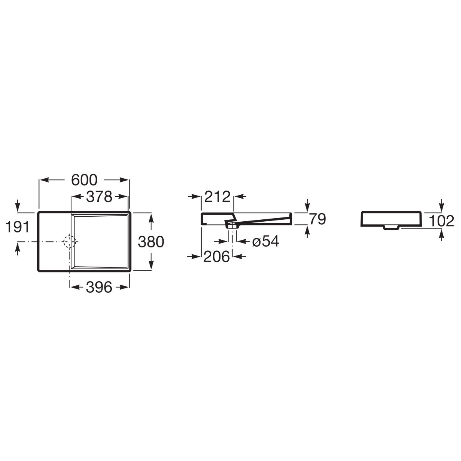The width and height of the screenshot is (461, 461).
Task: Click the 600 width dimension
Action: pyautogui.click(x=84, y=180)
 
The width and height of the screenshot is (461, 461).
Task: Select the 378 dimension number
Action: pyautogui.click(x=99, y=197)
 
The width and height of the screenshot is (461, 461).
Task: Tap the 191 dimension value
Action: pyautogui.click(x=17, y=227)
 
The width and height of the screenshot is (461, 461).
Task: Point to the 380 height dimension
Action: pyautogui.click(x=151, y=242)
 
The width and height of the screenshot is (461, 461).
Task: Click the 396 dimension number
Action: pyautogui.click(x=99, y=287)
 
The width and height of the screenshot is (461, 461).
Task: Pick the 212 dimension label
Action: pyautogui.click(x=217, y=197)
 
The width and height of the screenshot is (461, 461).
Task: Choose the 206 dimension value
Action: pyautogui.click(x=217, y=257)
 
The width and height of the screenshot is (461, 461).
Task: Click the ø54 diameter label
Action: pyautogui.click(x=265, y=241)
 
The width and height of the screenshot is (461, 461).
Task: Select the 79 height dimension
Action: pyautogui.click(x=317, y=219)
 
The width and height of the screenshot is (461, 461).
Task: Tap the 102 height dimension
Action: pyautogui.click(x=441, y=221)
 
